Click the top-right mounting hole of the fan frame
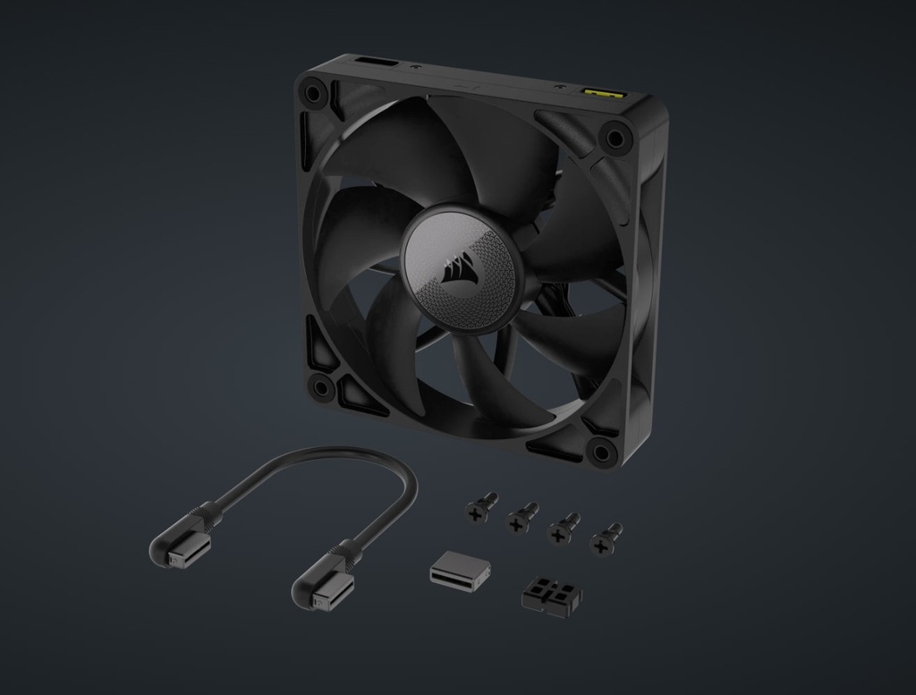tap(615, 138)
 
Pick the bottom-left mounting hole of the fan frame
tap(320, 386)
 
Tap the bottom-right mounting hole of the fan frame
tap(601, 449)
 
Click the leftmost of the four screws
tap(480, 508)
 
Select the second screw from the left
tap(520, 518)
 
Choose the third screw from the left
tap(562, 529)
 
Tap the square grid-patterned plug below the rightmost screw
tap(550, 593)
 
